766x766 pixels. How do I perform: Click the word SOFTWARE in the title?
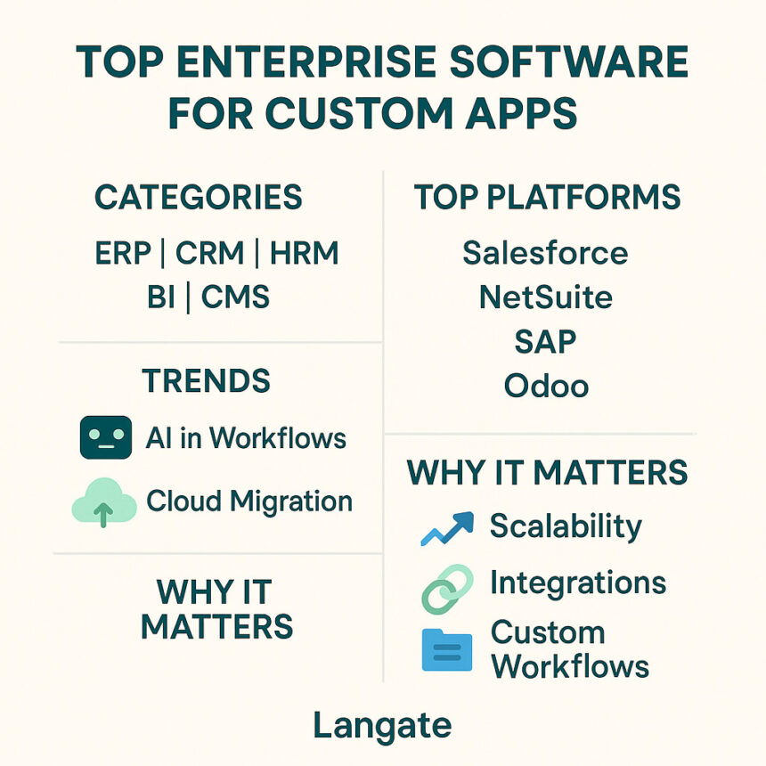pyautogui.click(x=568, y=61)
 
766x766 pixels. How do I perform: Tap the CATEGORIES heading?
pyautogui.click(x=199, y=197)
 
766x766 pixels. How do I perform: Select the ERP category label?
pyautogui.click(x=123, y=253)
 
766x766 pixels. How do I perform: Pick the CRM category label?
pyautogui.click(x=209, y=253)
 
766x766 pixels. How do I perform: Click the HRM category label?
pyautogui.click(x=304, y=253)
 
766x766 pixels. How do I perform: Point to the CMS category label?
pyautogui.click(x=235, y=297)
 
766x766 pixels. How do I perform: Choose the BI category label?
pyautogui.click(x=160, y=297)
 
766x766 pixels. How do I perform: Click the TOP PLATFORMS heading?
pyautogui.click(x=547, y=197)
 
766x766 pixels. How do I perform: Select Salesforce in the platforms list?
pyautogui.click(x=545, y=253)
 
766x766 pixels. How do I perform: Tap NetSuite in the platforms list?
pyautogui.click(x=546, y=297)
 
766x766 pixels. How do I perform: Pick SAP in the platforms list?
pyautogui.click(x=545, y=341)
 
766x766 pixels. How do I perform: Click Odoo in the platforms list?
pyautogui.click(x=546, y=386)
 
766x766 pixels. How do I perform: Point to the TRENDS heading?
pyautogui.click(x=206, y=380)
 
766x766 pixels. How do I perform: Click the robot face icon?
pyautogui.click(x=106, y=437)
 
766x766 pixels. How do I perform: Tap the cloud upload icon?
pyautogui.click(x=104, y=502)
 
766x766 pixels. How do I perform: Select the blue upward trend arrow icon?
pyautogui.click(x=447, y=528)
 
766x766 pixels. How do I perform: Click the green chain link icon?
pyautogui.click(x=447, y=589)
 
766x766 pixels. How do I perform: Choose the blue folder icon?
pyautogui.click(x=447, y=650)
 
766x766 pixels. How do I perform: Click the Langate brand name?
pyautogui.click(x=382, y=726)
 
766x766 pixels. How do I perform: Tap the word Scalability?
pyautogui.click(x=566, y=526)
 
